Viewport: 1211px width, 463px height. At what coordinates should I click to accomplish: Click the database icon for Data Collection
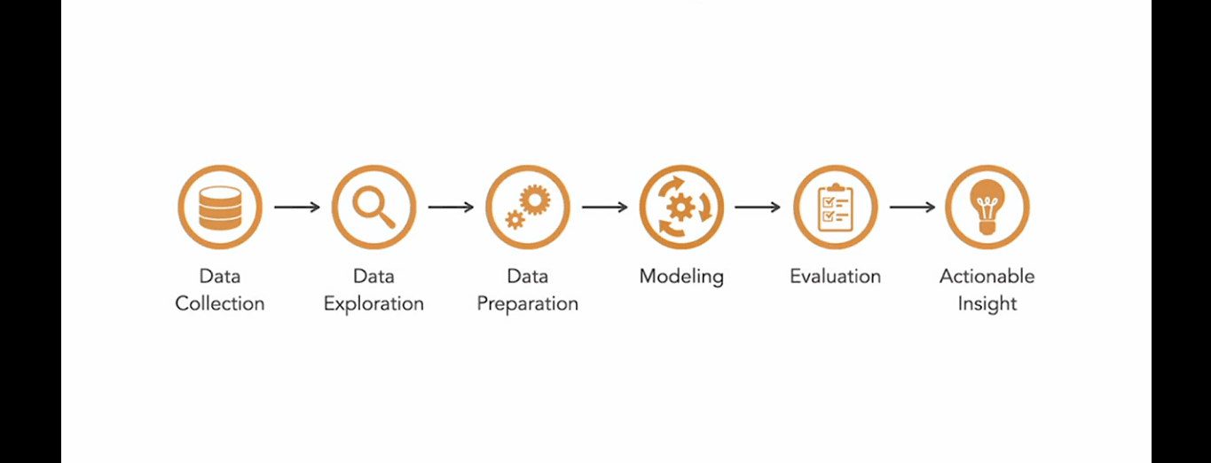click(220, 208)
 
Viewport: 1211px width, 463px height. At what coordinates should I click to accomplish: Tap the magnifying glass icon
click(374, 208)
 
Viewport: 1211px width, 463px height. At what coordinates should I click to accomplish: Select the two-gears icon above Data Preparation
click(528, 208)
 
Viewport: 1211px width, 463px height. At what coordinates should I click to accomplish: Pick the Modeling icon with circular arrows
click(681, 208)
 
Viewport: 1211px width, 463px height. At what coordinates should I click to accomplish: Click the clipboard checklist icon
click(835, 208)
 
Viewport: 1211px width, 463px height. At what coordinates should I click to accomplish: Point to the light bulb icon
click(987, 208)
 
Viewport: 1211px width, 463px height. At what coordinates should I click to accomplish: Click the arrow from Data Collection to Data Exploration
click(296, 208)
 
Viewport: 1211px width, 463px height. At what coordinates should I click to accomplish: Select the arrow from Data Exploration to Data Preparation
click(451, 208)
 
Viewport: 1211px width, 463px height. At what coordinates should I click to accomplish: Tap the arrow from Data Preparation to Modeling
click(604, 208)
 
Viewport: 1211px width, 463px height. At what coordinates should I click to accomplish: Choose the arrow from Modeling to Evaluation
click(758, 208)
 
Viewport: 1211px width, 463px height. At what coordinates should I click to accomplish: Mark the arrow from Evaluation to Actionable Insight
click(912, 208)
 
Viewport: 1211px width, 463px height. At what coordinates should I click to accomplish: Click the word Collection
click(220, 303)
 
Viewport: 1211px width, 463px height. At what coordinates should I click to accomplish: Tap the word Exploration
click(374, 303)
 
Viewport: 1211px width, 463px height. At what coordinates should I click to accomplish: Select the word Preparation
click(528, 303)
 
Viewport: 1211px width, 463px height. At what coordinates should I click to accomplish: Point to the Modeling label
click(681, 276)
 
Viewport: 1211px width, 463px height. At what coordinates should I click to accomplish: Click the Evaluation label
click(835, 276)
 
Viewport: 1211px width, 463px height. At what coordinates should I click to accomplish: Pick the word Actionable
click(987, 276)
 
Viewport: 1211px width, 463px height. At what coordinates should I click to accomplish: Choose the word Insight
click(987, 303)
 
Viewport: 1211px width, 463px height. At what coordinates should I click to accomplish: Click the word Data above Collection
click(220, 276)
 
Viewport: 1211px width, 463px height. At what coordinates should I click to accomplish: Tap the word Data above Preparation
click(528, 276)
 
